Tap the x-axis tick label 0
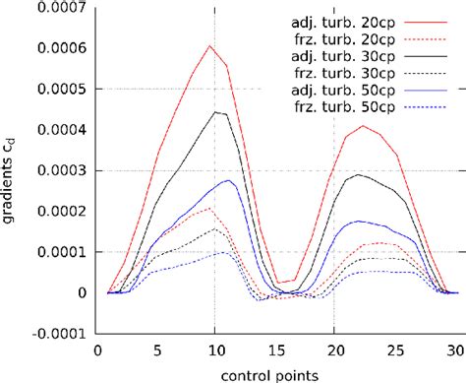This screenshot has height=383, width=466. (x=96, y=350)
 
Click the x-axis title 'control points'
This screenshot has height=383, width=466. (x=274, y=373)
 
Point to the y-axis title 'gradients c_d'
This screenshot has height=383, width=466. (x=12, y=172)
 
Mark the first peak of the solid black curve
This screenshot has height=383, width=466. (x=215, y=111)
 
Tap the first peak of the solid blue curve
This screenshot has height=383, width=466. (x=227, y=180)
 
